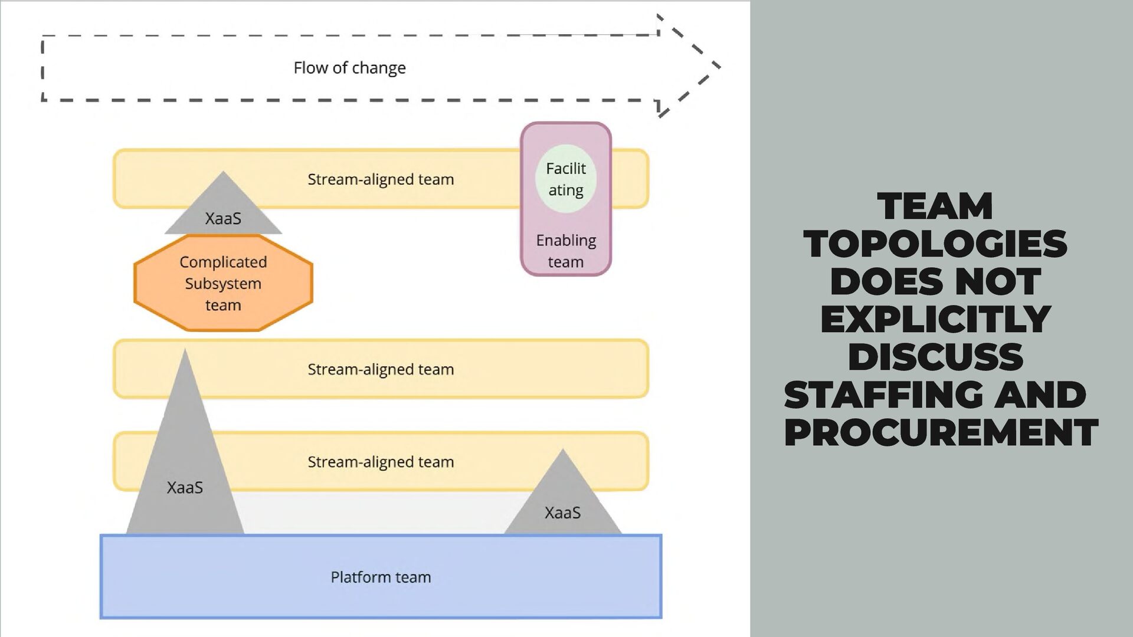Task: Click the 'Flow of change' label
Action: [349, 68]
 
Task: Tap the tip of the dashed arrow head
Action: [719, 66]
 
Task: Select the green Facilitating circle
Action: [565, 179]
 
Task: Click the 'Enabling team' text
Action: [565, 251]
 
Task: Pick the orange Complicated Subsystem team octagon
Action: [223, 283]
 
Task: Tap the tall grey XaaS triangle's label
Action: [185, 488]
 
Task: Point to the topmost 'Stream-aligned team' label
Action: [381, 179]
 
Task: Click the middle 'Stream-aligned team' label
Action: [381, 369]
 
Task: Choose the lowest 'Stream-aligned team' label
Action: [381, 462]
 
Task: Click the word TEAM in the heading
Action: [935, 206]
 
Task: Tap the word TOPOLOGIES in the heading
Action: [935, 244]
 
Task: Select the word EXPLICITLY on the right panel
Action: [935, 319]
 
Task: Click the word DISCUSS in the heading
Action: [935, 357]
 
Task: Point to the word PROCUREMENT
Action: [941, 432]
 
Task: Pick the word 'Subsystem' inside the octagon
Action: [223, 284]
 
